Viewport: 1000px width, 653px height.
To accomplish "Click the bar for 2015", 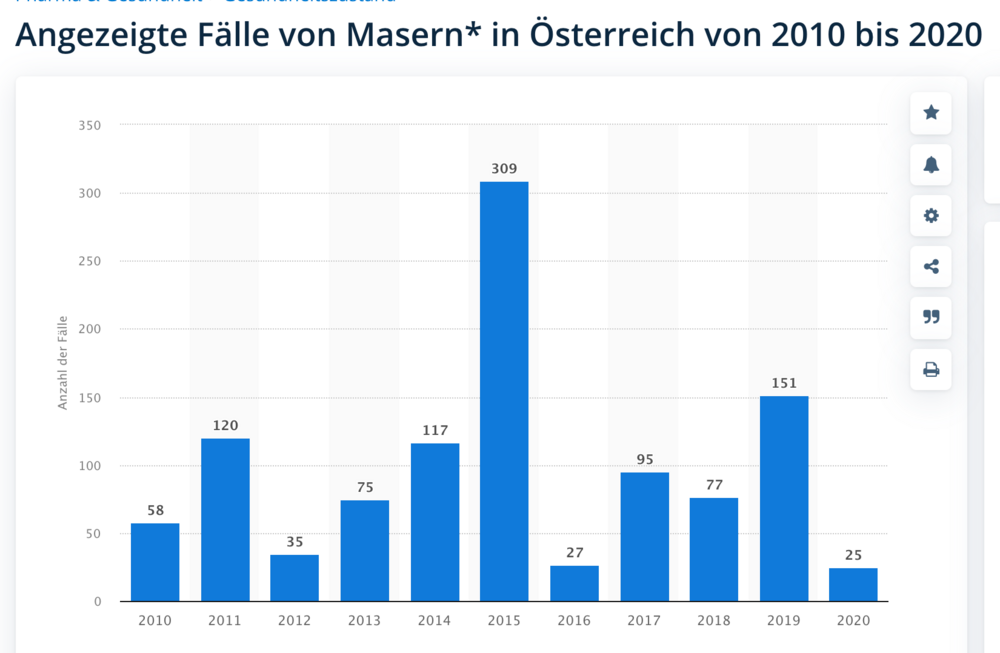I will (x=504, y=391).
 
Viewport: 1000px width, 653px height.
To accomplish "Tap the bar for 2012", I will (x=294, y=578).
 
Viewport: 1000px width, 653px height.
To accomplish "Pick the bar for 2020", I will (x=853, y=584).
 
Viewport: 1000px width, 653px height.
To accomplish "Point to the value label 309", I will (x=504, y=169).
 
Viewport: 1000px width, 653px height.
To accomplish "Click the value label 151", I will (x=784, y=383).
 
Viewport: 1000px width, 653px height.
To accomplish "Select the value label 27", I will (x=574, y=553).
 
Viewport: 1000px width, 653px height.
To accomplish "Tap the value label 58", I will (x=155, y=510).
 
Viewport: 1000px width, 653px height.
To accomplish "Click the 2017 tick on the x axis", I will (x=644, y=621).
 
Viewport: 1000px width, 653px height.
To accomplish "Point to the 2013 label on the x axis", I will (x=364, y=621).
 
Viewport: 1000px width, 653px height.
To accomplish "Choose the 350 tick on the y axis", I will (x=89, y=125).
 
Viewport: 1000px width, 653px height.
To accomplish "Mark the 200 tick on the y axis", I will (x=89, y=329).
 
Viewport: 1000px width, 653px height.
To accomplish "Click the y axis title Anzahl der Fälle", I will (x=62, y=362).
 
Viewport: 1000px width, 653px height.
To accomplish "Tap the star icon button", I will (x=931, y=113).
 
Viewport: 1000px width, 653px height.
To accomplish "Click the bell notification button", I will (x=931, y=164).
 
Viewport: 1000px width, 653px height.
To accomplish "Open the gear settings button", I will (x=931, y=215).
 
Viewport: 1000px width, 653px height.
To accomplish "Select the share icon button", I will (x=931, y=266).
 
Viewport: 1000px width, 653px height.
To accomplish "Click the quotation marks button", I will (x=931, y=317).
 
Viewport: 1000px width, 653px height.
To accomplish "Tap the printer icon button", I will (x=931, y=369).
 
